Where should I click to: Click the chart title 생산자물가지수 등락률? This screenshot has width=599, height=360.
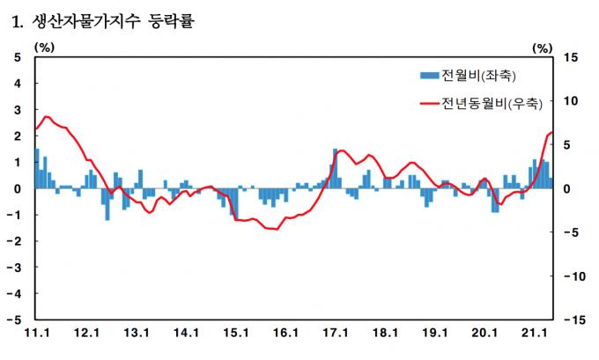click(x=113, y=21)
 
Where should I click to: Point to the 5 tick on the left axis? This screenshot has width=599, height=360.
click(x=18, y=57)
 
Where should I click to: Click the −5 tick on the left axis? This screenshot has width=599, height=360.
click(x=14, y=320)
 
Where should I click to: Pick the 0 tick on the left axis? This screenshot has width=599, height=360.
click(x=18, y=188)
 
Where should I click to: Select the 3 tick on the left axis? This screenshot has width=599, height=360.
click(x=18, y=110)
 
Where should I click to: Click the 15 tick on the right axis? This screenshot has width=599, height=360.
click(x=570, y=57)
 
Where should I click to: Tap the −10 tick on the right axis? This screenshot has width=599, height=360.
click(x=574, y=276)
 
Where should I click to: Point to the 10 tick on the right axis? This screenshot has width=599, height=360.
click(x=570, y=101)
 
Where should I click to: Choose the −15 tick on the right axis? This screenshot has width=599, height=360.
click(x=574, y=320)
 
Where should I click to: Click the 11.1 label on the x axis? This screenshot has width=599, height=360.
click(x=37, y=333)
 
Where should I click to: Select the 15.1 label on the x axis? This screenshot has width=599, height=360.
click(x=236, y=333)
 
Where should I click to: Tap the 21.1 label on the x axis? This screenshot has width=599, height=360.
click(x=534, y=333)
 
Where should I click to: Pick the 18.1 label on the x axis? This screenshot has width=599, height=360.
click(x=385, y=333)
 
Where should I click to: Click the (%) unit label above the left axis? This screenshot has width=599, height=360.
click(x=44, y=48)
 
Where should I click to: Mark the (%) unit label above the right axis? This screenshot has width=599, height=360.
click(x=543, y=48)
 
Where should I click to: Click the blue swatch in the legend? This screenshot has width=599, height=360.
click(x=429, y=75)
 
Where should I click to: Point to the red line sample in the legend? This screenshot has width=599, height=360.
click(x=429, y=103)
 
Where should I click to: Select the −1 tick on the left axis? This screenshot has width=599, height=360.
click(x=14, y=215)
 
